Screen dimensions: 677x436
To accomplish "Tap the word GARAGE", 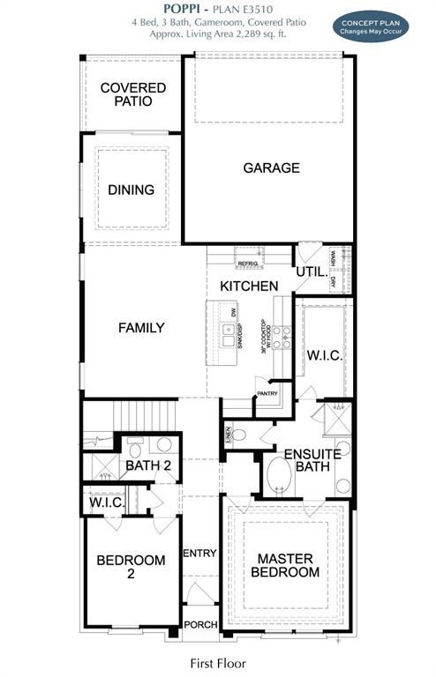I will pyautogui.click(x=271, y=167).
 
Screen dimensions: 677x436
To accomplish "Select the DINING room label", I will pyautogui.click(x=131, y=190).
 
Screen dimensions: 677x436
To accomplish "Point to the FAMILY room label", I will pyautogui.click(x=141, y=328).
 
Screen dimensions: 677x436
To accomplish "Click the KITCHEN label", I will pyautogui.click(x=249, y=286).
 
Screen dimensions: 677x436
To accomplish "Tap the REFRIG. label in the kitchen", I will pyautogui.click(x=247, y=264).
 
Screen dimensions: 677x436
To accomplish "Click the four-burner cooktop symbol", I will pyautogui.click(x=281, y=337).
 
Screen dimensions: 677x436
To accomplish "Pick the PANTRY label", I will pyautogui.click(x=267, y=393).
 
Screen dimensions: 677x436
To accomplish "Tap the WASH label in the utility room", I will pyautogui.click(x=334, y=258).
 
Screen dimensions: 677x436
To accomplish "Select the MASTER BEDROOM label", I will pyautogui.click(x=288, y=565).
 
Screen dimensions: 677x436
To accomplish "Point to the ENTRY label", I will pyautogui.click(x=199, y=553).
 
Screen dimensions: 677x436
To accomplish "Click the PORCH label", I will pyautogui.click(x=199, y=625).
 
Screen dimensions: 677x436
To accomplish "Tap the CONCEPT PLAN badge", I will pyautogui.click(x=371, y=26).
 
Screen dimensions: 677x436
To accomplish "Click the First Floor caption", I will pyautogui.click(x=218, y=663).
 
